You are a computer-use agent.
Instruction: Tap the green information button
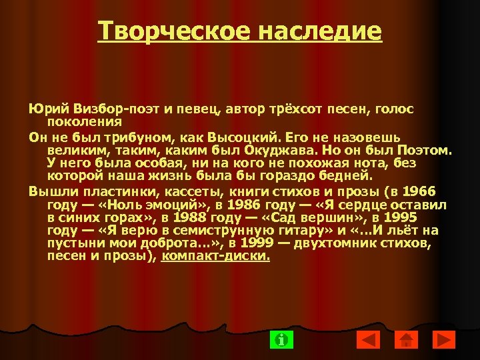(282, 339)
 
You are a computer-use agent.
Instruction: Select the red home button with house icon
(406, 339)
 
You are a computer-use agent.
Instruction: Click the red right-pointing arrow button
(443, 339)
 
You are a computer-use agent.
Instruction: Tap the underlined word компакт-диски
(216, 255)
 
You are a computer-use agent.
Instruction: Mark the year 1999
(257, 243)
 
